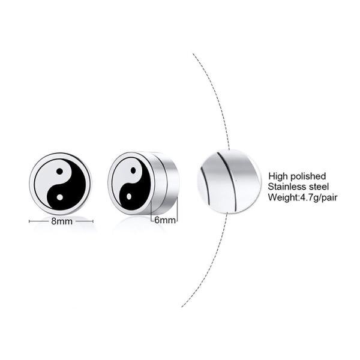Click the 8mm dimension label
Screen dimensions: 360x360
pos(62,221)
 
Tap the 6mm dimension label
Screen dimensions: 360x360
pos(165,220)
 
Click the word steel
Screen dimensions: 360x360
pos(319,187)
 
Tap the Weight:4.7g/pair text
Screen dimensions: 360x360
pos(302,197)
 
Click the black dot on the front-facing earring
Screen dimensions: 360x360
pos(59,171)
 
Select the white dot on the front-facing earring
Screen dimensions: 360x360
pos(59,197)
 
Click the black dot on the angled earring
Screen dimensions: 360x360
pos(133,170)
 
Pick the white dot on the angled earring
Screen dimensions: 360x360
pos(129,197)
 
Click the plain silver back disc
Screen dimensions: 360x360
pos(229,182)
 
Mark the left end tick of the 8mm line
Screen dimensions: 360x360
pos(29,221)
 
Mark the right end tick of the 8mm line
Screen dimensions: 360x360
pos(93,221)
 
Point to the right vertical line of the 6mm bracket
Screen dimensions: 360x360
pos(178,211)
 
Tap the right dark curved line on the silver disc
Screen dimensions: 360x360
pos(230,181)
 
